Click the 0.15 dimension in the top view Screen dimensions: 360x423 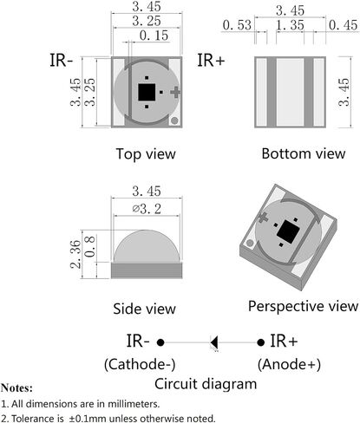pos(154,36)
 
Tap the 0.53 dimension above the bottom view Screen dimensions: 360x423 pos(237,25)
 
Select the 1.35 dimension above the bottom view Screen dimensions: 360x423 pos(290,25)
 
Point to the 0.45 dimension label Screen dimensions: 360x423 pos(343,25)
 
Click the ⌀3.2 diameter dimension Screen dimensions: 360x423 pos(147,209)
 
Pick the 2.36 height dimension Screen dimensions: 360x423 pos(75,254)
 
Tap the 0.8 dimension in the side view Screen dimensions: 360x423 pos(90,246)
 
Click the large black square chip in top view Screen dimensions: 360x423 pos(147,92)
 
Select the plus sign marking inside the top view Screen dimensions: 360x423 pos(175,92)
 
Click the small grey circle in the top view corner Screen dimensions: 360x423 pos(174,120)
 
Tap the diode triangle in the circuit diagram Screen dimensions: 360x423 pos(214,342)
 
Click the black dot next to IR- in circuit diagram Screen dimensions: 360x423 pos(160,342)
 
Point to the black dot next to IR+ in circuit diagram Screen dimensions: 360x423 pos(260,342)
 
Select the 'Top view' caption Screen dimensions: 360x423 pos(146,153)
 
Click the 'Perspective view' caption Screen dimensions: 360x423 pos(303,306)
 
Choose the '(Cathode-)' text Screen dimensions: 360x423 pos(140,364)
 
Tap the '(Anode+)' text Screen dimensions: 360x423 pos(289,364)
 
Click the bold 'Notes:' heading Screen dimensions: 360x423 pos(16,387)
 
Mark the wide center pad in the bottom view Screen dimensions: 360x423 pos(290,92)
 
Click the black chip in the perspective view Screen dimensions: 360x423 pos(288,231)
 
